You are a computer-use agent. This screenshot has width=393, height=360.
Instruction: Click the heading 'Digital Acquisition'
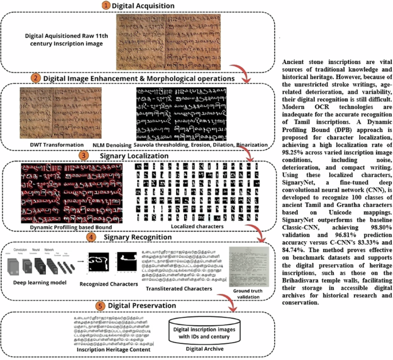[x=143, y=6]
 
